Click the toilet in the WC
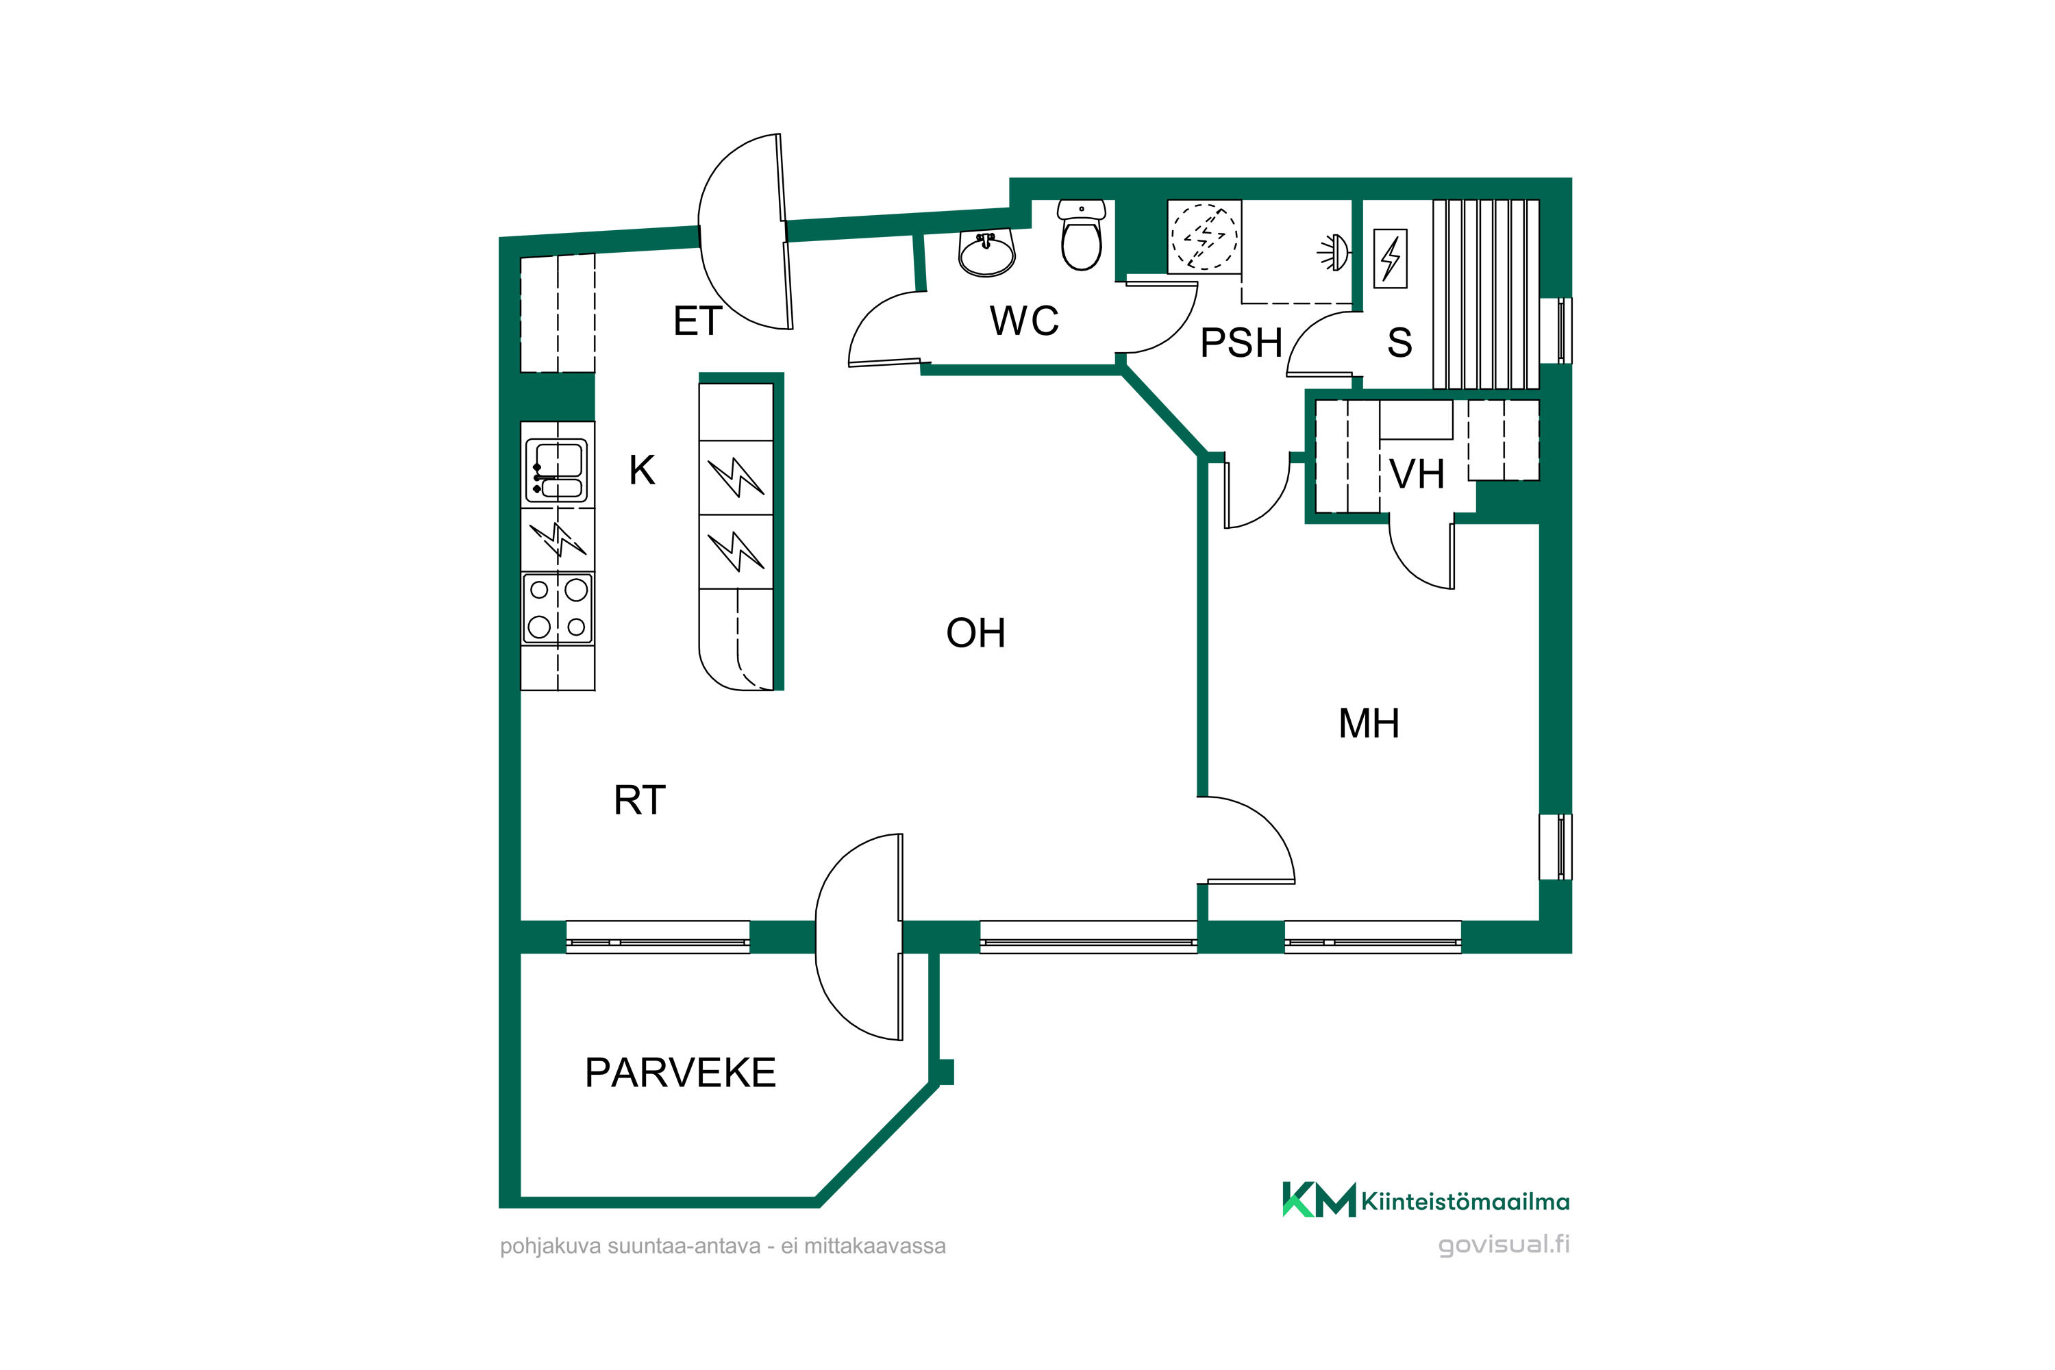(1082, 235)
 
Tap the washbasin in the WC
(987, 253)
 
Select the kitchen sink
(556, 470)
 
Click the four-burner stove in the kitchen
(558, 608)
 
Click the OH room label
(976, 634)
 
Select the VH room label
(1417, 475)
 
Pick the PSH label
(1241, 342)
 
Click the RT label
(640, 800)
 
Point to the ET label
(697, 321)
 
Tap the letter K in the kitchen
(643, 471)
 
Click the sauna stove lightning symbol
(1390, 259)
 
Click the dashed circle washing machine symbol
(1204, 236)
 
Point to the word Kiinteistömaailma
(1465, 1202)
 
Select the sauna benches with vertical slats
(1485, 295)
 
